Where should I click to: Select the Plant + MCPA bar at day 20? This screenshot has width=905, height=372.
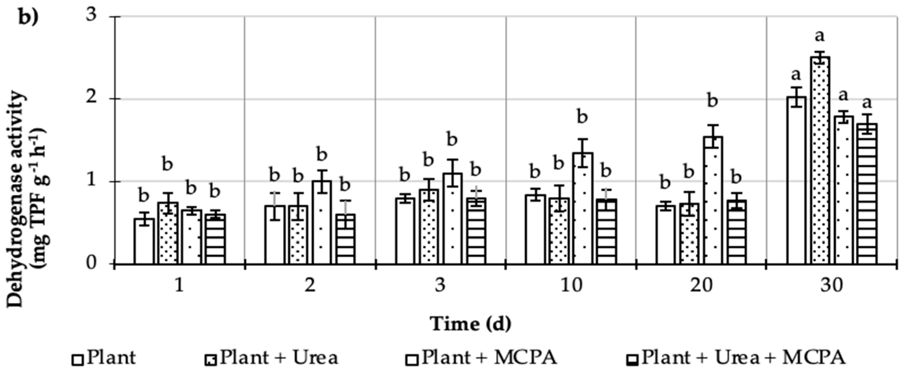[712, 200]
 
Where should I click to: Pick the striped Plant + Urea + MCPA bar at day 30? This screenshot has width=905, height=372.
[867, 194]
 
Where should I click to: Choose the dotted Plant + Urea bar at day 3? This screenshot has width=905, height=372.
[428, 226]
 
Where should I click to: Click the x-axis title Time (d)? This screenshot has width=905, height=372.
[471, 324]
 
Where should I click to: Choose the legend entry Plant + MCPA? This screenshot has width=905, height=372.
[489, 358]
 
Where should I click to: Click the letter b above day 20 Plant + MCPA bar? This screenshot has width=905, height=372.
[712, 101]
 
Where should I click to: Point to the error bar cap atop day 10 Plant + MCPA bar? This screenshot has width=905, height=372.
[583, 139]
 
